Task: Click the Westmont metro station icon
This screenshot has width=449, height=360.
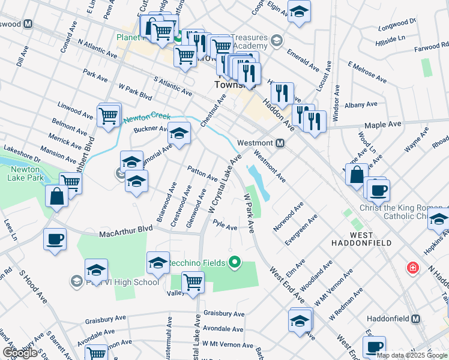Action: pos(280,143)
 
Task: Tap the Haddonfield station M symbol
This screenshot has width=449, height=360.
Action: pos(415,319)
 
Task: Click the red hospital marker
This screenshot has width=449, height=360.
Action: pos(412,268)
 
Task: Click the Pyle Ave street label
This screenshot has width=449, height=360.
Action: pos(225,226)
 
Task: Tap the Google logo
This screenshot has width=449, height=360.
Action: pos(20,353)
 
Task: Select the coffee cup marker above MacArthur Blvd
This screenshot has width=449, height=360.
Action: pos(55,239)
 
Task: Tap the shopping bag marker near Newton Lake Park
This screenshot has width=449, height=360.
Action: pos(56,196)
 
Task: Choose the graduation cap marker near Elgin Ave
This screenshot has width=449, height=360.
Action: pos(298,11)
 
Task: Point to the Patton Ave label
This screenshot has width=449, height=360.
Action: pos(202,173)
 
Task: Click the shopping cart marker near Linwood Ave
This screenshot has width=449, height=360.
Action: pos(108,115)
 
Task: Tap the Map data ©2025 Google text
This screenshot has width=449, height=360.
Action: pos(412,355)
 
